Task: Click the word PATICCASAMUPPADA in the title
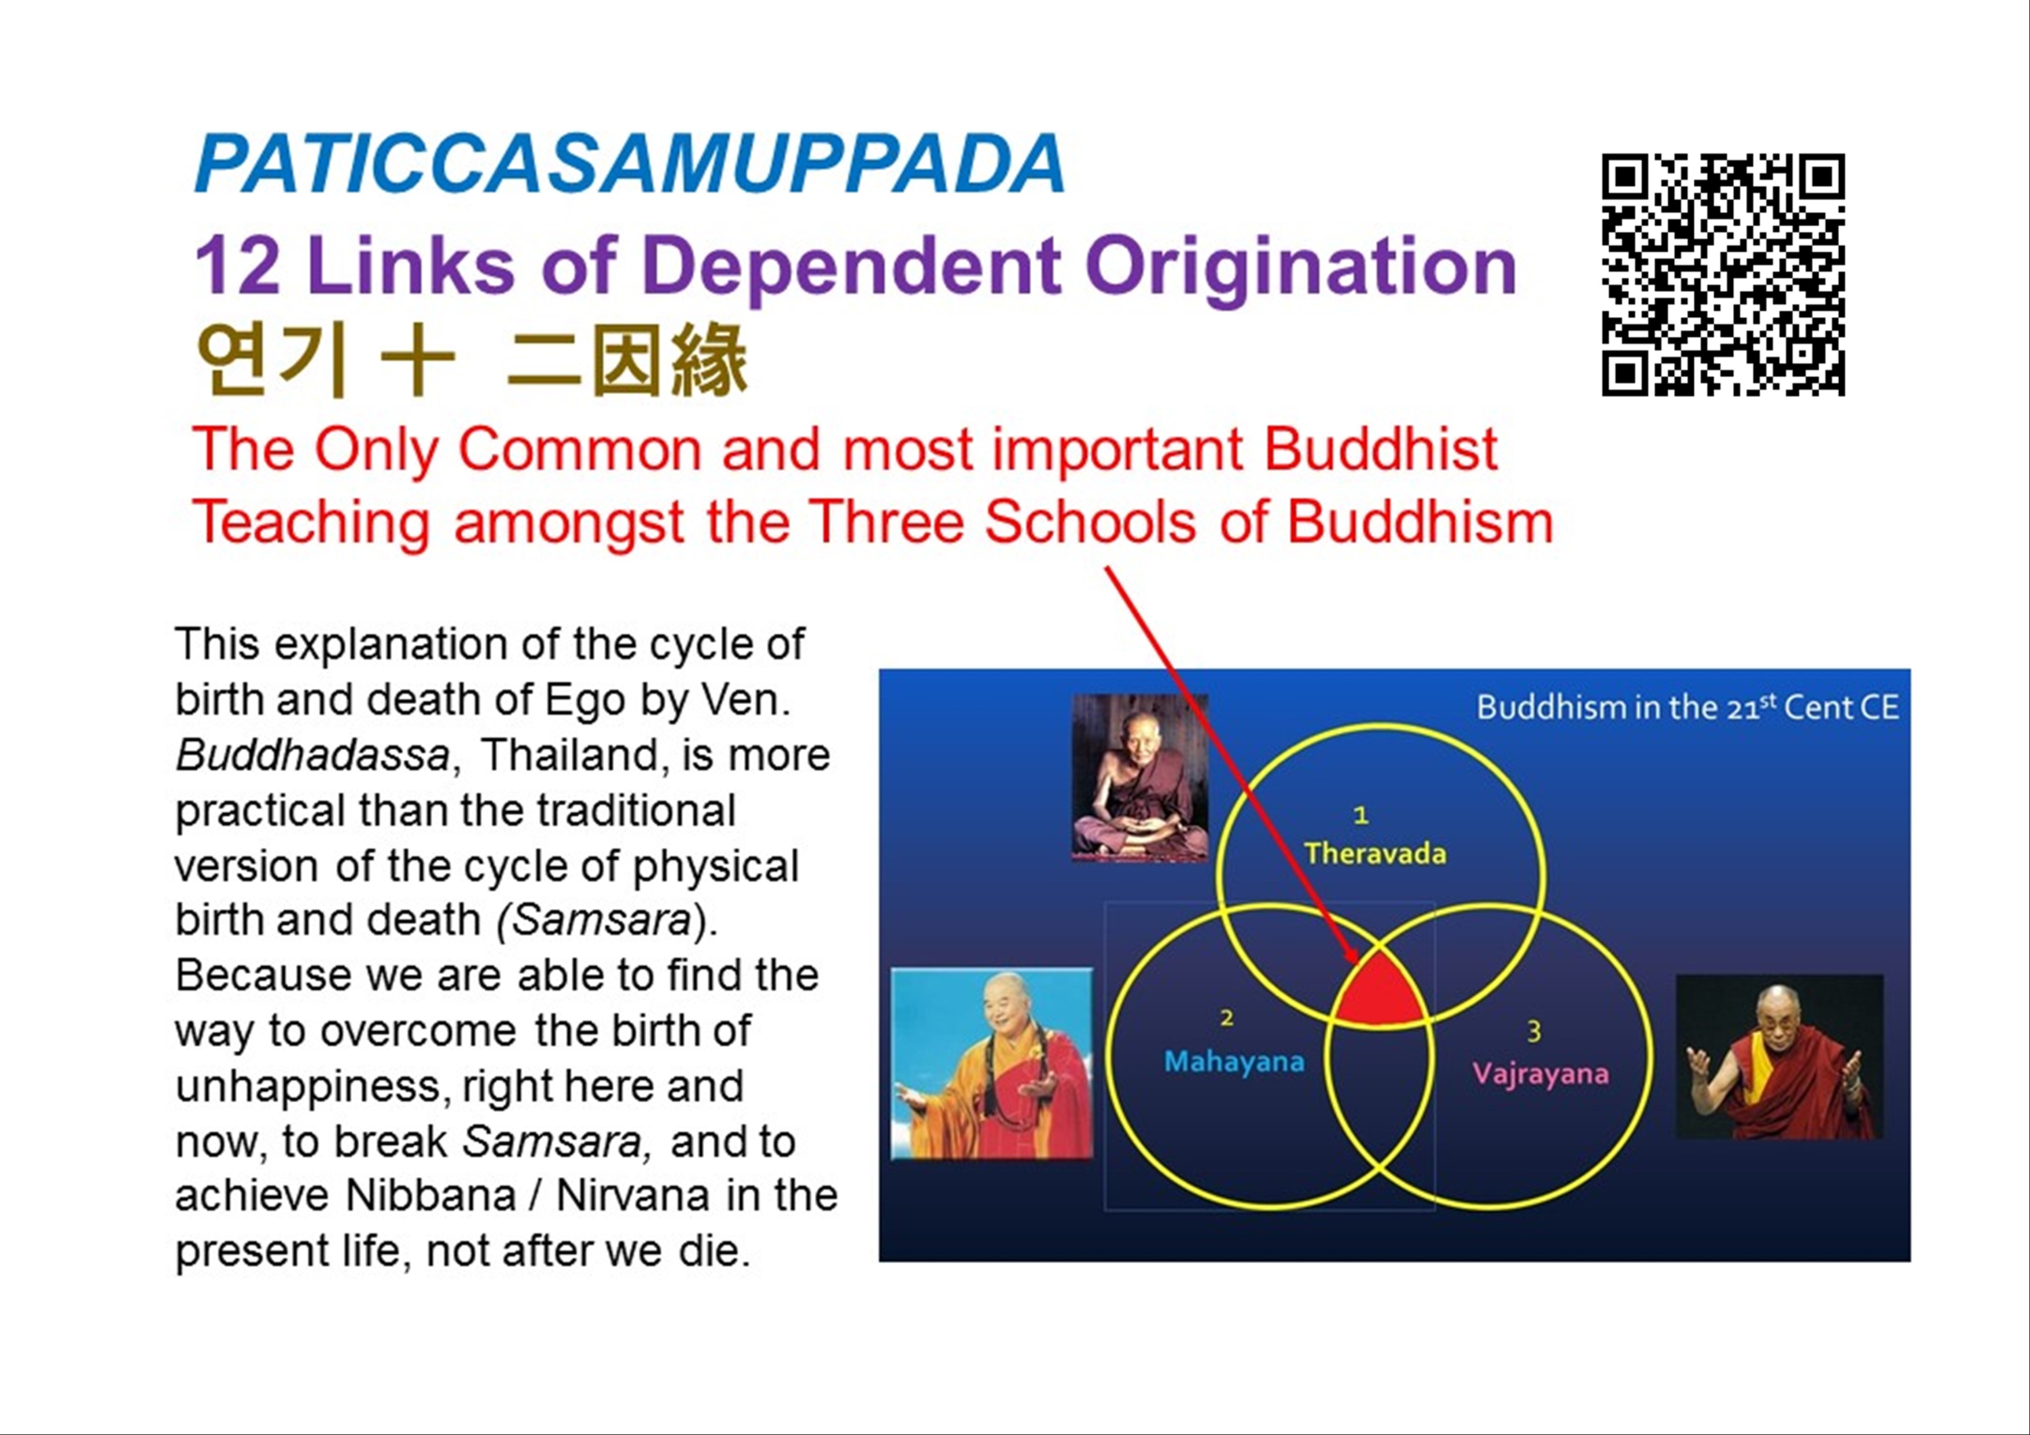tap(630, 164)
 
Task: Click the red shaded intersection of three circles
tap(1379, 988)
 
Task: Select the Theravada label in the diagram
tap(1376, 853)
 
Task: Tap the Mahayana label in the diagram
tap(1234, 1061)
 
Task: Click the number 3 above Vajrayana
tap(1534, 1031)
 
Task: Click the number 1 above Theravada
tap(1362, 814)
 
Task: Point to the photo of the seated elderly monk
tap(1139, 777)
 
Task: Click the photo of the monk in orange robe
tap(992, 1063)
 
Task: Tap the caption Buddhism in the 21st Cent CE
tap(1688, 707)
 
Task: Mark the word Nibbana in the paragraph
tap(431, 1195)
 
